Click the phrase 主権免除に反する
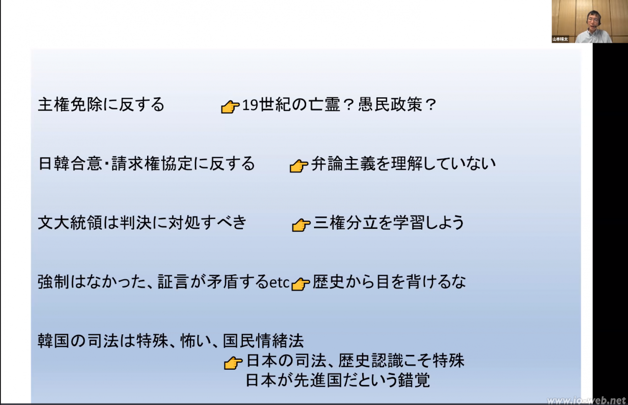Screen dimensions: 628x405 pyautogui.click(x=101, y=105)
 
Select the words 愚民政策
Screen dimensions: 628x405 pyautogui.click(x=390, y=105)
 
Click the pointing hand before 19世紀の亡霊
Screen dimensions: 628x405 pyautogui.click(x=230, y=107)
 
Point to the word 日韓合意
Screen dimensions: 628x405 pyautogui.click(x=70, y=163)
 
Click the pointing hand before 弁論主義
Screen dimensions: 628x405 pyautogui.click(x=299, y=166)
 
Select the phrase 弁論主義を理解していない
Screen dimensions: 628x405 pyautogui.click(x=403, y=163)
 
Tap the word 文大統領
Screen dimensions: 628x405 pyautogui.click(x=70, y=223)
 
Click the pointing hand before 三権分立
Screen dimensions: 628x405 pyautogui.click(x=301, y=225)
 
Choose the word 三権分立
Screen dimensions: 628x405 pyautogui.click(x=345, y=223)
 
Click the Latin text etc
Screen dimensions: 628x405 pyautogui.click(x=279, y=283)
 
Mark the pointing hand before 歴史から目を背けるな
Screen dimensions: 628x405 pyautogui.click(x=301, y=284)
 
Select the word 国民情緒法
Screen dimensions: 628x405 pyautogui.click(x=263, y=341)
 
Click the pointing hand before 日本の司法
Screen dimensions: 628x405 pyautogui.click(x=233, y=363)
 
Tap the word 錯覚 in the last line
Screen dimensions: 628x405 pyautogui.click(x=414, y=380)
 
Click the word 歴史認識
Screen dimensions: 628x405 pyautogui.click(x=370, y=361)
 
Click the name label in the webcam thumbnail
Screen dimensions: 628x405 pyautogui.click(x=560, y=39)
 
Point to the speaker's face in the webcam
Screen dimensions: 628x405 pyautogui.click(x=593, y=22)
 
